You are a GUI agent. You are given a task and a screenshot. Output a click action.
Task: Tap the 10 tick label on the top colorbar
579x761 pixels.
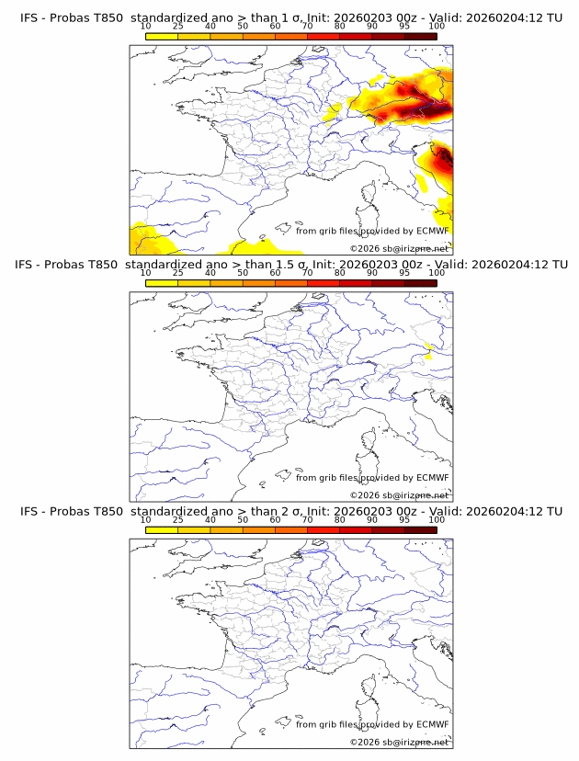pos(146,26)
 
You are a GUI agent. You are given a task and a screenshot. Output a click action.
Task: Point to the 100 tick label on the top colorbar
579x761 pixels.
pos(437,26)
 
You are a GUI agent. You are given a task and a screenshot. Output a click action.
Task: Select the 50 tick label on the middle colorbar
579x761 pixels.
pos(243,273)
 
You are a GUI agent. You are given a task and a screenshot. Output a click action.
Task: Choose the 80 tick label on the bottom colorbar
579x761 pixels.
pos(340,520)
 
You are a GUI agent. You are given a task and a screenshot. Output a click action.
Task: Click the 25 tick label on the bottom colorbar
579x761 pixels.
pos(177,520)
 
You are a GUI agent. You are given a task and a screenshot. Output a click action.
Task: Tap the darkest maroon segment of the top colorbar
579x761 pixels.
pos(420,36)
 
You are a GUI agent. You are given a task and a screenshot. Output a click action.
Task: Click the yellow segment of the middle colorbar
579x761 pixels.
pos(162,283)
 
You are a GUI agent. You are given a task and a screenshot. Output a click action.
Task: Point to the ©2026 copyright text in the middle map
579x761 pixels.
pos(399,494)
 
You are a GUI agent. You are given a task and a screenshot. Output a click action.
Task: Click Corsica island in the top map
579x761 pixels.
pos(369,196)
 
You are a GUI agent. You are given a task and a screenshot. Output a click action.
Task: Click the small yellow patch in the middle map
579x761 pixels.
pos(429,348)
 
